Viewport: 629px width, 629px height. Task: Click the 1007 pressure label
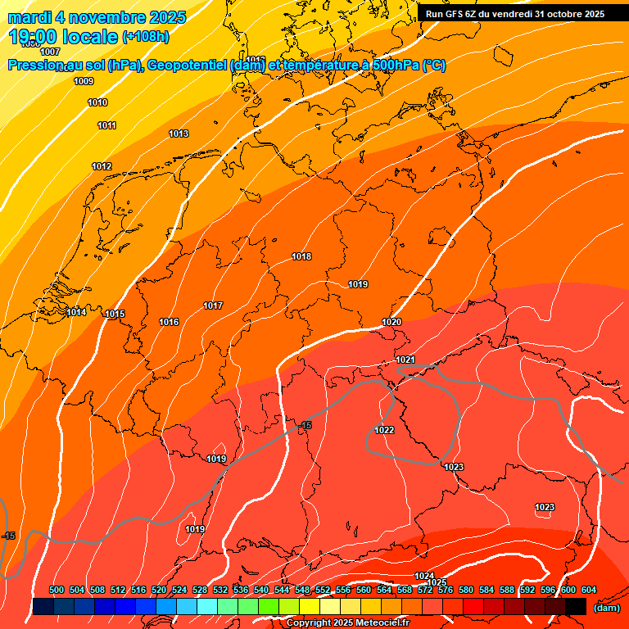(x=50, y=52)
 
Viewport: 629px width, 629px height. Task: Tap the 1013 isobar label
(x=179, y=133)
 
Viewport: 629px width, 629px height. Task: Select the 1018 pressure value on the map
(x=301, y=256)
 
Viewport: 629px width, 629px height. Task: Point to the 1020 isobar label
(x=391, y=322)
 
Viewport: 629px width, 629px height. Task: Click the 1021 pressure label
(x=405, y=360)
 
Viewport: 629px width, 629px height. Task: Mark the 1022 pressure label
(x=384, y=430)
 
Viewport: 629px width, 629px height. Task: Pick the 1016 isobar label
(x=169, y=322)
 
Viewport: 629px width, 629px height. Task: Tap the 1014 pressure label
(x=76, y=312)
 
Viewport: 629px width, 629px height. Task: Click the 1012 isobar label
(x=102, y=166)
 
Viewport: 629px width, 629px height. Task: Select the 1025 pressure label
(x=437, y=582)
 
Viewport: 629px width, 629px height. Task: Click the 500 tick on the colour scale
(x=57, y=590)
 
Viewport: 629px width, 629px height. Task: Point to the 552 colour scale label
(x=323, y=590)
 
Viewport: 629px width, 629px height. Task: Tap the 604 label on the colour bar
(x=589, y=590)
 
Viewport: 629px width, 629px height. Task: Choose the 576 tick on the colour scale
(x=446, y=590)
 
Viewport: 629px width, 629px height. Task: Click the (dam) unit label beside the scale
(x=606, y=608)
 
